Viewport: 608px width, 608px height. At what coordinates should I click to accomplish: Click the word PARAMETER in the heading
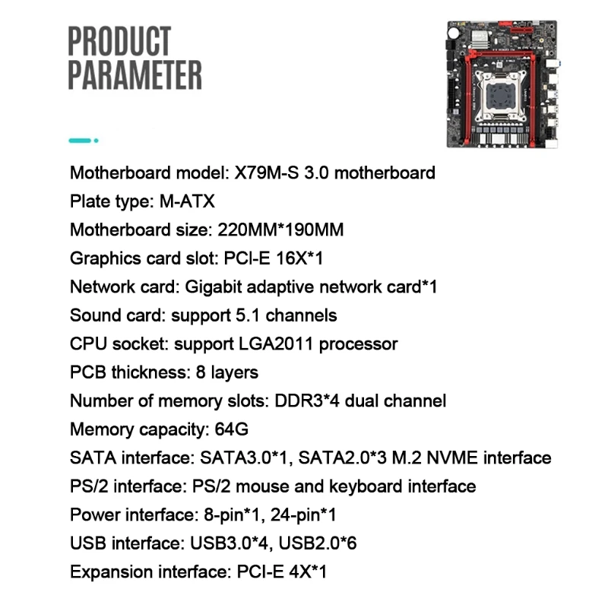click(135, 76)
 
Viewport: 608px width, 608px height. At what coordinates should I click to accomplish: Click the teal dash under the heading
click(81, 141)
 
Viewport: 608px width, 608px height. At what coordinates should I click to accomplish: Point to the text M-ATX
click(187, 201)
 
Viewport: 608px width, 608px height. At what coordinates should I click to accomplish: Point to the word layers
click(233, 372)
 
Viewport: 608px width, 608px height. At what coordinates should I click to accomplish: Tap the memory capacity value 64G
click(232, 429)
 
